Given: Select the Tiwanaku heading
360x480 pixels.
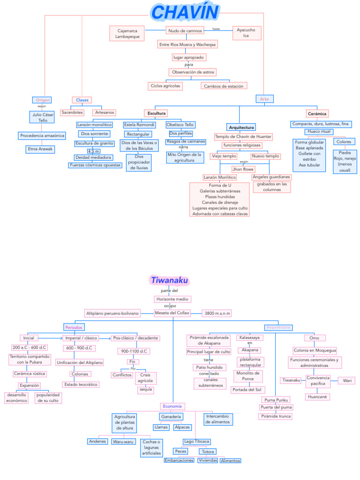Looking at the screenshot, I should pos(169,280).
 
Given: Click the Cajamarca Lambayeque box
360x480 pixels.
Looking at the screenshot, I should pos(127,33).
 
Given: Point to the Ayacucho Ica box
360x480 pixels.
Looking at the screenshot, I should pos(246,33).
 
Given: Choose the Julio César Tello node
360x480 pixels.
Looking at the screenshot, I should pos(43,117).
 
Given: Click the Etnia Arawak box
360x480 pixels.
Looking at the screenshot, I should pos(40,149).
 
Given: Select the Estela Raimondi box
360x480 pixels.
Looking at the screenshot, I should pos(139,125).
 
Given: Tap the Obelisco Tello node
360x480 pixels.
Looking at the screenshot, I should pos(180,125).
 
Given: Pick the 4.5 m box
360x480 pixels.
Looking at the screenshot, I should pos(94,151).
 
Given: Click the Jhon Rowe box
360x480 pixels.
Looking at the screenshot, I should pos(243,169).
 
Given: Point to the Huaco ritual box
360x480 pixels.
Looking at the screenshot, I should pos(319,132).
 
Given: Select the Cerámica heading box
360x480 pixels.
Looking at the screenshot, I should pos(317,113).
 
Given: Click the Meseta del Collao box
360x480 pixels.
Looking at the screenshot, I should pos(172,313).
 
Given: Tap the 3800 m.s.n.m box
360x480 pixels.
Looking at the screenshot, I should pos(216,313).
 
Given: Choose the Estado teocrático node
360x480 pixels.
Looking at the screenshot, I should pos(81,384).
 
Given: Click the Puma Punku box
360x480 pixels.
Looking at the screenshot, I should pos(276,400).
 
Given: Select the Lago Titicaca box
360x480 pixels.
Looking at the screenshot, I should pos(196,442).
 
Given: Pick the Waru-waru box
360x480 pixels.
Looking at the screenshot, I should pos(124,442).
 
